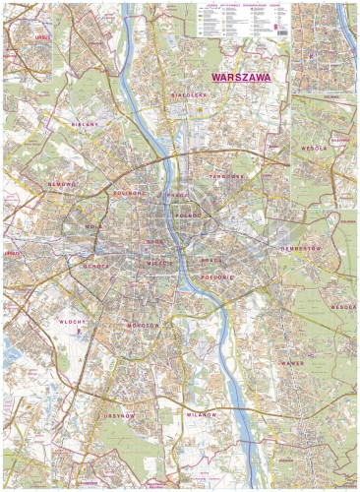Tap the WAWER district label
(x=294, y=363)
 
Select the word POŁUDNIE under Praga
(x=218, y=278)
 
